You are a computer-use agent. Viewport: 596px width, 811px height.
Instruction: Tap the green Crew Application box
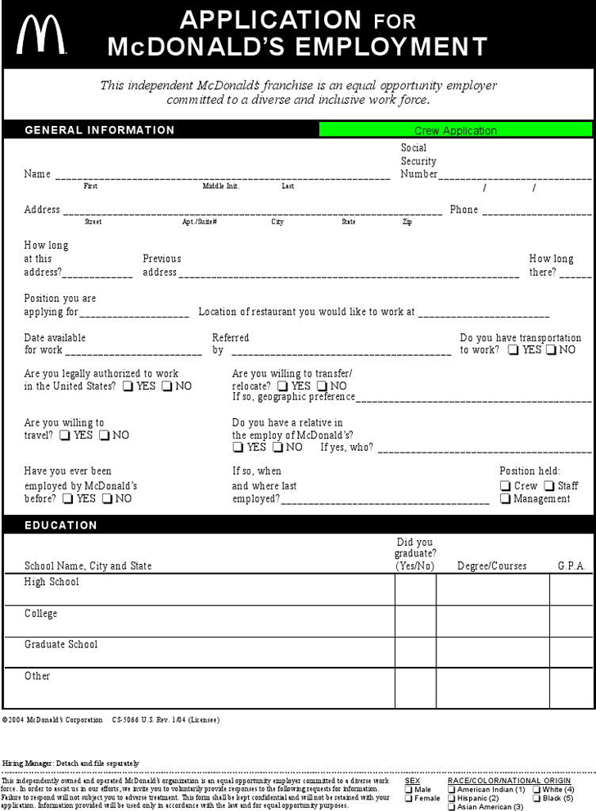pyautogui.click(x=455, y=130)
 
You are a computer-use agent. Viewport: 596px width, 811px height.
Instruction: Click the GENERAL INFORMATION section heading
pyautogui.click(x=100, y=130)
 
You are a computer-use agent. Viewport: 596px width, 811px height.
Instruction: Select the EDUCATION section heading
pyautogui.click(x=61, y=525)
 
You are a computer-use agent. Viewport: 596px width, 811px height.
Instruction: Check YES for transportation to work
pyautogui.click(x=513, y=350)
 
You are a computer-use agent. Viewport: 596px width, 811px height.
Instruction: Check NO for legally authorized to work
pyautogui.click(x=167, y=386)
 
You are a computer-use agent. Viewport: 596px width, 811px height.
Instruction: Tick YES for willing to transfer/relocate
pyautogui.click(x=282, y=386)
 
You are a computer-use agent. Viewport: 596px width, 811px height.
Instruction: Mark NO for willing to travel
pyautogui.click(x=104, y=435)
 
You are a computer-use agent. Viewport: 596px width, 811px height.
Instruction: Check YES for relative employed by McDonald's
pyautogui.click(x=238, y=448)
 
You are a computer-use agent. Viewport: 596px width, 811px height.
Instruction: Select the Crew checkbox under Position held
pyautogui.click(x=506, y=486)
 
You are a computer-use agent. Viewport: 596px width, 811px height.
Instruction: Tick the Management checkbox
pyautogui.click(x=506, y=499)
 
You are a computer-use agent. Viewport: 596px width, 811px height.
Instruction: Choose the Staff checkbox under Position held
pyautogui.click(x=549, y=486)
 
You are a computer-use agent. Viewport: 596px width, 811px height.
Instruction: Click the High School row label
pyautogui.click(x=52, y=582)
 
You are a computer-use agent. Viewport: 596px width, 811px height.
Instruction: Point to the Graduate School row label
pyautogui.click(x=61, y=644)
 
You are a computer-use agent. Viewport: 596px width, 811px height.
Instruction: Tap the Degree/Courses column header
pyautogui.click(x=492, y=566)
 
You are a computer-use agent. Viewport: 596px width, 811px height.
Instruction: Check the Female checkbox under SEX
pyautogui.click(x=409, y=799)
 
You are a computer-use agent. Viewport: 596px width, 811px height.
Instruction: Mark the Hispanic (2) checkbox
pyautogui.click(x=452, y=799)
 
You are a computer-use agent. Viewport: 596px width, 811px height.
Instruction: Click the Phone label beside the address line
pyautogui.click(x=463, y=210)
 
